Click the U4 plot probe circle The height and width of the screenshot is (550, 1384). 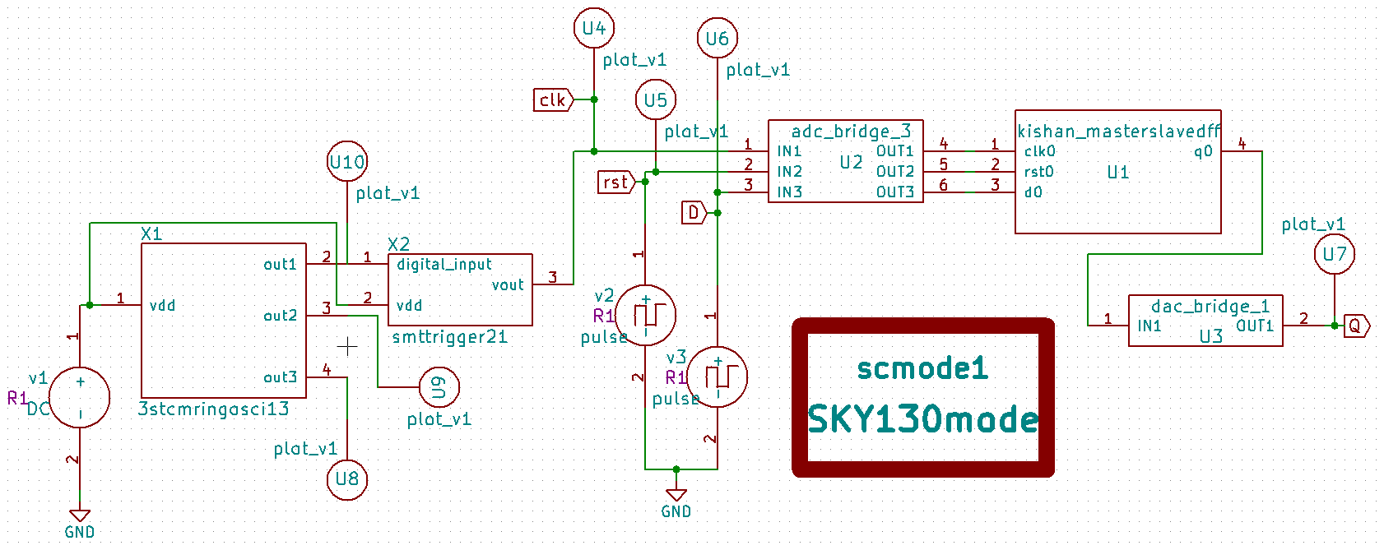tap(593, 28)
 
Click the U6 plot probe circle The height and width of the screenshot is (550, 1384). tap(717, 38)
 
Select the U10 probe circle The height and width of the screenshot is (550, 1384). tap(346, 162)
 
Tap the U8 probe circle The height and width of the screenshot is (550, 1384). tap(346, 478)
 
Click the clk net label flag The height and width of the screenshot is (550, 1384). tap(553, 99)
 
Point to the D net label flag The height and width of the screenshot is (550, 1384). tap(694, 213)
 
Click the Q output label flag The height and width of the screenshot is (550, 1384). tap(1356, 326)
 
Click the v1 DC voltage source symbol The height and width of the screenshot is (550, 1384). tap(80, 397)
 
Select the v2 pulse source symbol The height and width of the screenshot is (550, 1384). tap(645, 315)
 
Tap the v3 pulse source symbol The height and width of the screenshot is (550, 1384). tap(717, 377)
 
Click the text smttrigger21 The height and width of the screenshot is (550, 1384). tap(449, 337)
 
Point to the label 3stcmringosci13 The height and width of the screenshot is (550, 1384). tap(214, 409)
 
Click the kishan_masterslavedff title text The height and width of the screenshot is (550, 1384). tap(1118, 132)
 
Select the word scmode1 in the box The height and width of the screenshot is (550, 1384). tap(922, 368)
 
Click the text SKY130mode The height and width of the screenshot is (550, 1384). tap(922, 419)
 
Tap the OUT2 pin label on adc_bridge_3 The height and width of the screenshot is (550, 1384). tap(894, 171)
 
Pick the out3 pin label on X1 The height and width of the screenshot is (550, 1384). tap(280, 377)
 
